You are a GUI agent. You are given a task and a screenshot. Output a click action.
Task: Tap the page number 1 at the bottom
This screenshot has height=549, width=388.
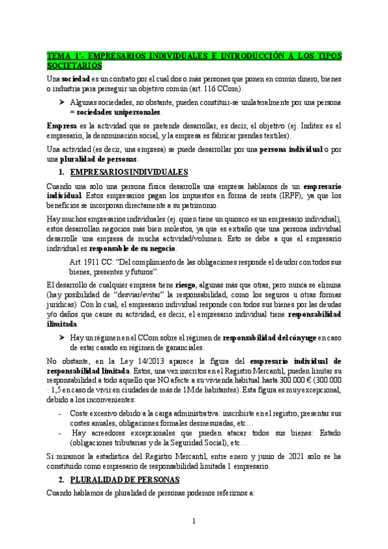[x=194, y=520]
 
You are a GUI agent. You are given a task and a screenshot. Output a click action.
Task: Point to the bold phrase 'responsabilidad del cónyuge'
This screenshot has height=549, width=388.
[x=270, y=337]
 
